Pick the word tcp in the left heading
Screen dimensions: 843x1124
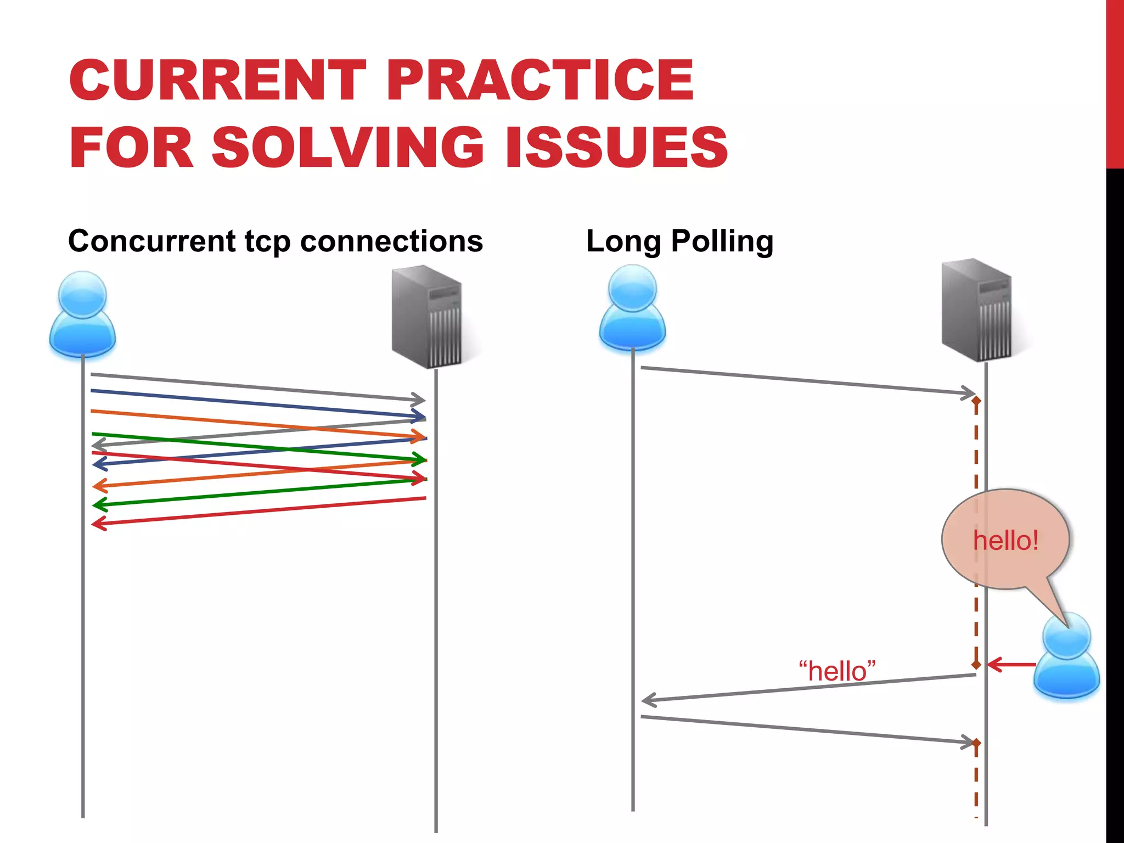tap(267, 242)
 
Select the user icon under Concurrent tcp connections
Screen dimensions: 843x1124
tap(82, 314)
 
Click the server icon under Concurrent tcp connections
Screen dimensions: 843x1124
tap(428, 317)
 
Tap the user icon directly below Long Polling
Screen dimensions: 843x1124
tap(632, 308)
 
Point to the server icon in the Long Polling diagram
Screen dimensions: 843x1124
tap(977, 310)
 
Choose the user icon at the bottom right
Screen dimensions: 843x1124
tap(1066, 656)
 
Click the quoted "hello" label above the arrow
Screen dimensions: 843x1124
tap(837, 671)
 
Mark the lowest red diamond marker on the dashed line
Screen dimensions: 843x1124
tap(976, 743)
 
